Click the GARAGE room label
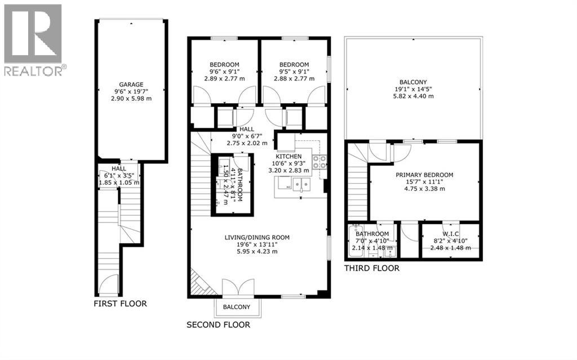coord(131,85)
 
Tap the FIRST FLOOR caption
coord(121,304)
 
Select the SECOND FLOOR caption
coord(218,325)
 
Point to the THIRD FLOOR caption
coord(372,268)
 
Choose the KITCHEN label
coord(288,157)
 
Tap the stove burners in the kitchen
coord(319,162)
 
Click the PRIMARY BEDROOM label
coord(424,175)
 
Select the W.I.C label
coord(450,234)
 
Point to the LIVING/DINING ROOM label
coord(257,237)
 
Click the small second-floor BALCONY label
coord(236,307)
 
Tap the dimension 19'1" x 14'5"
coord(413,89)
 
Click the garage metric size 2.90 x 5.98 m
coord(131,99)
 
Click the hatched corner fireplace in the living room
coord(201,284)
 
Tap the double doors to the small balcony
coord(238,287)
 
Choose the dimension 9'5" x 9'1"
coord(294,72)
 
